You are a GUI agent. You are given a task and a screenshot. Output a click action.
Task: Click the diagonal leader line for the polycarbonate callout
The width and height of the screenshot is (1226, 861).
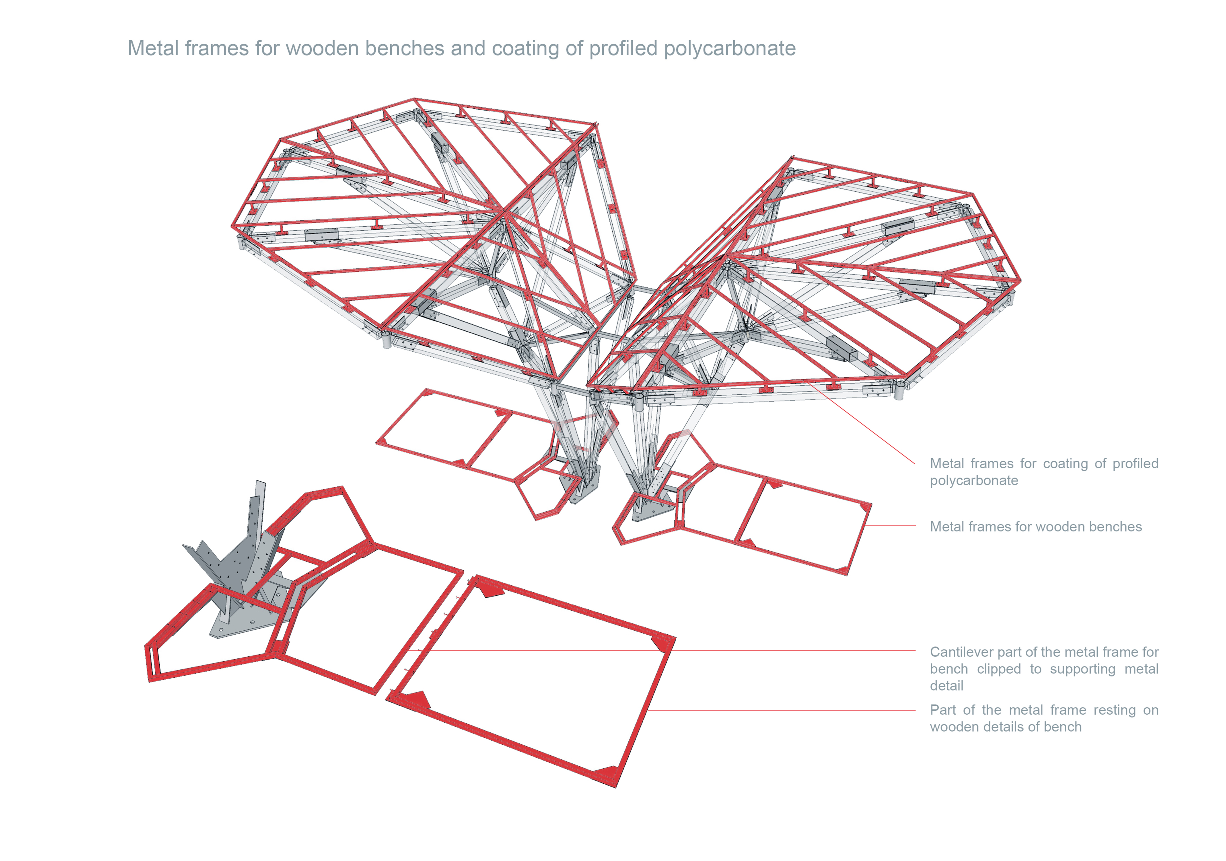pos(865,424)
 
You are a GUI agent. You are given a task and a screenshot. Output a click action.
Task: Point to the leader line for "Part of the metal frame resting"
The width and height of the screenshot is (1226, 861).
pos(780,710)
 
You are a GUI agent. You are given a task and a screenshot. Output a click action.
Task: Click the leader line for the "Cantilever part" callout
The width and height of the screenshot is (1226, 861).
pos(790,651)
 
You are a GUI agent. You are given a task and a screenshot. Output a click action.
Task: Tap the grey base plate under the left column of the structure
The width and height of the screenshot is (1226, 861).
pos(579,488)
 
